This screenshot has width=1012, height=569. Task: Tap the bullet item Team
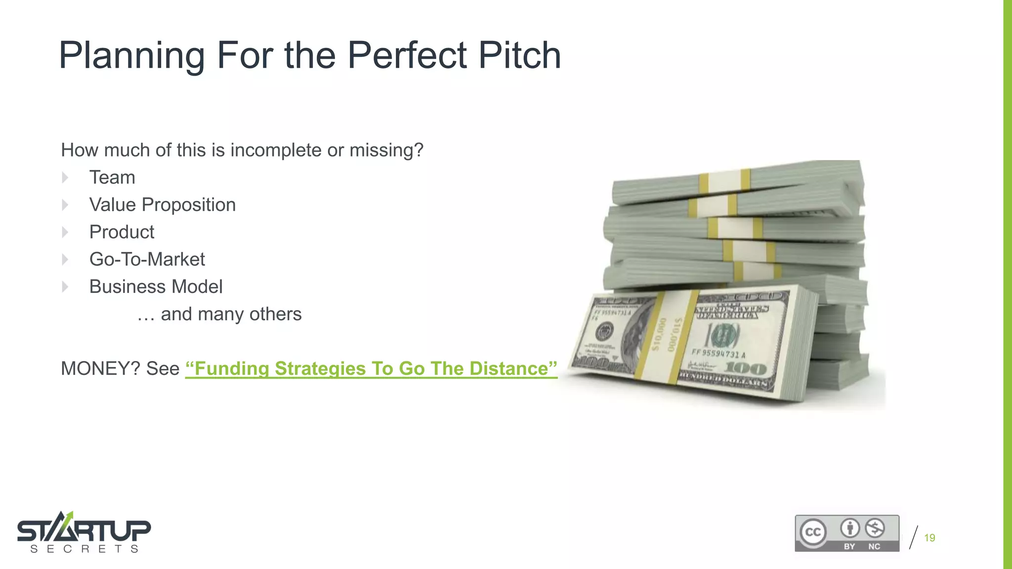[112, 177]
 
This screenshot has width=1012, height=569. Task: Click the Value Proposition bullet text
[162, 204]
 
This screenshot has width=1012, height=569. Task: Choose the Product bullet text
[122, 232]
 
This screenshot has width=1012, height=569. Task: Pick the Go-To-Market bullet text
[147, 259]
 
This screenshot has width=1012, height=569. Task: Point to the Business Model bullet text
[156, 286]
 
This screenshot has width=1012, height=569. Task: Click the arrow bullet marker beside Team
[65, 177]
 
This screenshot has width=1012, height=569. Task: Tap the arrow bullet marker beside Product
[65, 232]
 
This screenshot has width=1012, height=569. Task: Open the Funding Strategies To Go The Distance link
[371, 368]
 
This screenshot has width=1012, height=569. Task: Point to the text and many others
[219, 314]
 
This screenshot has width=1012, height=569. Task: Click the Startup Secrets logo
[84, 532]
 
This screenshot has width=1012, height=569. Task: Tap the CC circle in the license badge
[813, 532]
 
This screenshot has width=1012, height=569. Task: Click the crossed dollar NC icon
[875, 528]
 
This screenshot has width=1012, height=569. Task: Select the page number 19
[929, 538]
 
